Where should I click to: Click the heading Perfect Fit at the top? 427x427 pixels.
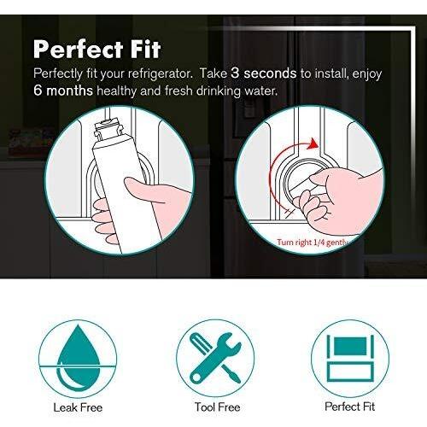point(97,50)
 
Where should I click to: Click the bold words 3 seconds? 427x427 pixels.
point(264,73)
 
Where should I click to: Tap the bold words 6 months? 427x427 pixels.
point(63,91)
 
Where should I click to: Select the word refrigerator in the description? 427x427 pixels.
point(160,73)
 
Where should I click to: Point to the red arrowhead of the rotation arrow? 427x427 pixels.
point(313,143)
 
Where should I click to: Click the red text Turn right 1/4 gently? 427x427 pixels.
point(313,243)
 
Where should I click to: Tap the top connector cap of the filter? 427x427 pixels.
point(108,130)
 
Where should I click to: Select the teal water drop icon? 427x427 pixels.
point(78,360)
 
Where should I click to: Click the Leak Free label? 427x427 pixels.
point(78,407)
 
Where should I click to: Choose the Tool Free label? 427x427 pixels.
point(217,407)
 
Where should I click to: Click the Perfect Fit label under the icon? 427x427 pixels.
point(350,407)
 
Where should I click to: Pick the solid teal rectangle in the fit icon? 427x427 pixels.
point(350,346)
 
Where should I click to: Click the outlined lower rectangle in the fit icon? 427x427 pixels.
point(350,371)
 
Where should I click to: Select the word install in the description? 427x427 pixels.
point(330,73)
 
